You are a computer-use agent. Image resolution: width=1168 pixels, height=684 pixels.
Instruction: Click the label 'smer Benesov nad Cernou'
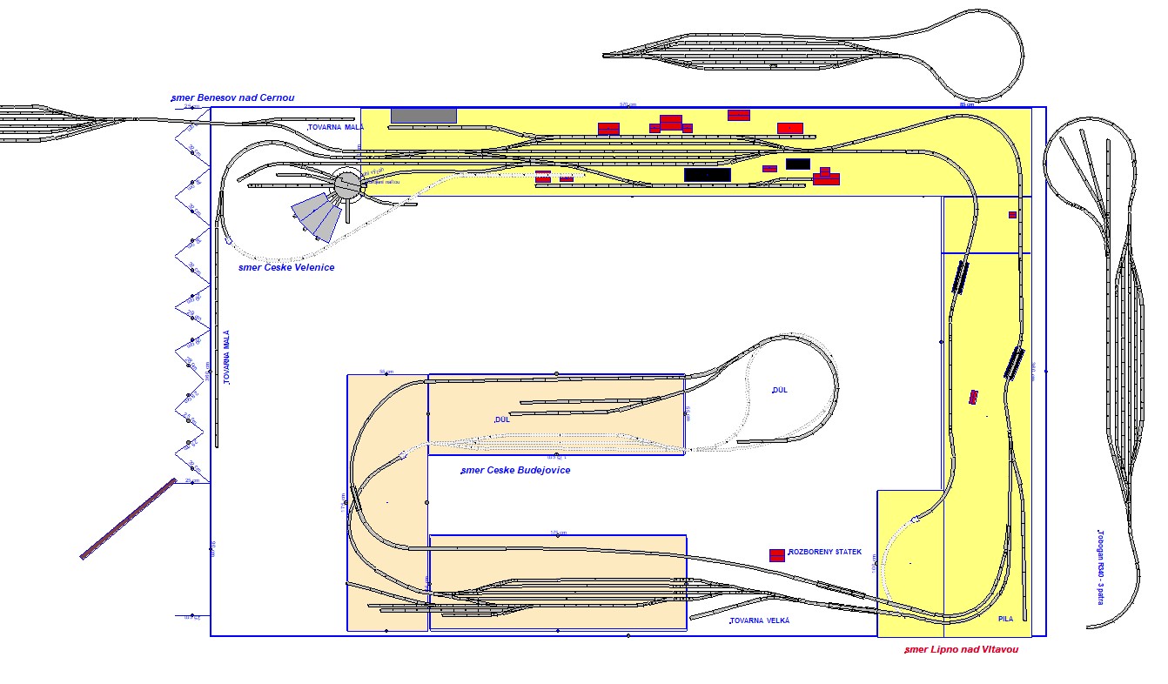tap(232, 97)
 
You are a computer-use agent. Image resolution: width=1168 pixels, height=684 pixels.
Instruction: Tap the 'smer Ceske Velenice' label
tap(286, 267)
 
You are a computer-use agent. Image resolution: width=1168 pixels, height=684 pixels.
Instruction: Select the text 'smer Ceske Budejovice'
tap(515, 470)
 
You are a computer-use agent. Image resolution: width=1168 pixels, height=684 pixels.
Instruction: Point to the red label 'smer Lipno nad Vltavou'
tap(961, 649)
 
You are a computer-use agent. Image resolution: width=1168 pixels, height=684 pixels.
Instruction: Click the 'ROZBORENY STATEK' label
tap(824, 553)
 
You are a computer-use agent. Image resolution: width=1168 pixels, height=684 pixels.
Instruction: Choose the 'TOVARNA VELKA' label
tap(760, 620)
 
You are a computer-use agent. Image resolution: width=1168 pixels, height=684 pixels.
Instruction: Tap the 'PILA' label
tap(1006, 620)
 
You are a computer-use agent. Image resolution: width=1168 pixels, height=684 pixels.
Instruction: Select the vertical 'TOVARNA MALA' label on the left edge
tap(226, 358)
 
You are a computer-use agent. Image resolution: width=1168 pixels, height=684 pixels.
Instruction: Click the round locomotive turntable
tap(348, 184)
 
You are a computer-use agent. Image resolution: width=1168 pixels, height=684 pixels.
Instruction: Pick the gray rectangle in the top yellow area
tap(424, 115)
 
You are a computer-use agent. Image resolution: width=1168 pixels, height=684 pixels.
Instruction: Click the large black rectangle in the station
tap(707, 175)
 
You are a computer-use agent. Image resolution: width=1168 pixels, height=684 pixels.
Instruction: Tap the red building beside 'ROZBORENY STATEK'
tap(777, 554)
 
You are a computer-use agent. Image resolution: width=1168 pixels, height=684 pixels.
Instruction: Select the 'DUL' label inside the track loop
tap(780, 390)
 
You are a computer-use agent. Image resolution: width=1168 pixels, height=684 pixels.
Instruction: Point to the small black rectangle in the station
tap(797, 164)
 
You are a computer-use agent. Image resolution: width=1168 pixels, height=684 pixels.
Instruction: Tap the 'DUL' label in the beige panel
tap(502, 419)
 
